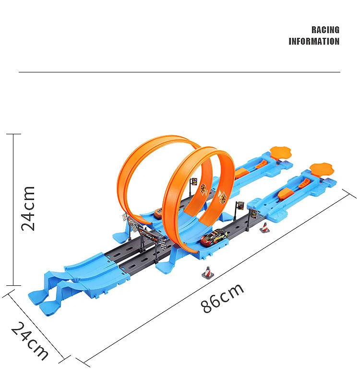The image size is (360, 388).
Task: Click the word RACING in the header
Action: (325, 30)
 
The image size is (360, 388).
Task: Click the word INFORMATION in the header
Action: (313, 42)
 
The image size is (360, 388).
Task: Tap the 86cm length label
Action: (223, 298)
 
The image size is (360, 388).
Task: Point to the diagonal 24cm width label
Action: (30, 341)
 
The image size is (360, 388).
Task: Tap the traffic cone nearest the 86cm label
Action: (207, 272)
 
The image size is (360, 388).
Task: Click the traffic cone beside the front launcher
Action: (263, 227)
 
